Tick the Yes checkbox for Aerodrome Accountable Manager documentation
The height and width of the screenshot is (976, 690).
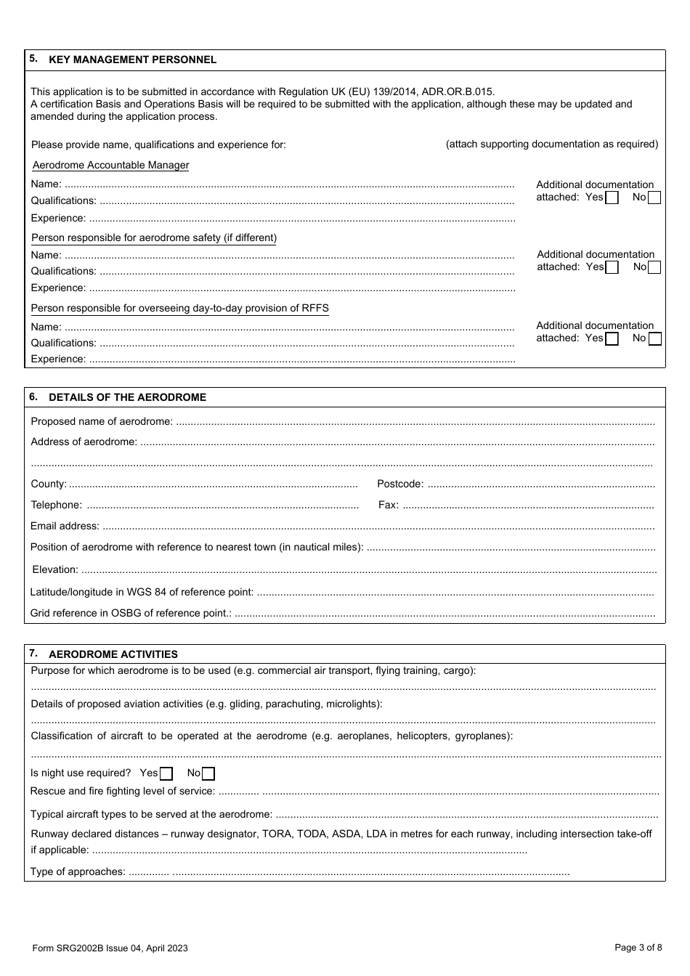[x=612, y=198]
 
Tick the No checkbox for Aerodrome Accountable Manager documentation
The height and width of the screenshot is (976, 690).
[x=654, y=198]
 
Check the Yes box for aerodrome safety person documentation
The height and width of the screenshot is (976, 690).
[x=612, y=267]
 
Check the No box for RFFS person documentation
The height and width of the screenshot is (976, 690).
[x=654, y=338]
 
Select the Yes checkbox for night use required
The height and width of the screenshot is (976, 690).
[x=166, y=773]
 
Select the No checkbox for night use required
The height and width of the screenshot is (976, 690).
[x=208, y=773]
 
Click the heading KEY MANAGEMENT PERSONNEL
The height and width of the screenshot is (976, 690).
[x=132, y=60]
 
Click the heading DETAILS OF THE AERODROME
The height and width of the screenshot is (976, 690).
[x=127, y=397]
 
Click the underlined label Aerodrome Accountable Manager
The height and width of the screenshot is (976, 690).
[x=110, y=165]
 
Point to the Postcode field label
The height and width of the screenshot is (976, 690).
[x=399, y=484]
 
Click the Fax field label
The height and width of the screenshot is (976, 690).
[x=388, y=505]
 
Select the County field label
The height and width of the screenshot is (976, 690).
[x=48, y=484]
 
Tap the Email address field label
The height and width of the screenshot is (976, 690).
[x=65, y=526]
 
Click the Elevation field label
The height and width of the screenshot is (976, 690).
[x=54, y=569]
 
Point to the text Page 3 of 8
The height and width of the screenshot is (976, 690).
[x=638, y=947]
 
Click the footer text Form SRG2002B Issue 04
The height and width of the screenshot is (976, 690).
[x=110, y=948]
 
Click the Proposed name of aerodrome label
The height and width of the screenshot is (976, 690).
[x=102, y=421]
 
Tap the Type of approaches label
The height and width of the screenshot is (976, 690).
[x=78, y=871]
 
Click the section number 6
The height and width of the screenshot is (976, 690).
[x=33, y=396]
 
